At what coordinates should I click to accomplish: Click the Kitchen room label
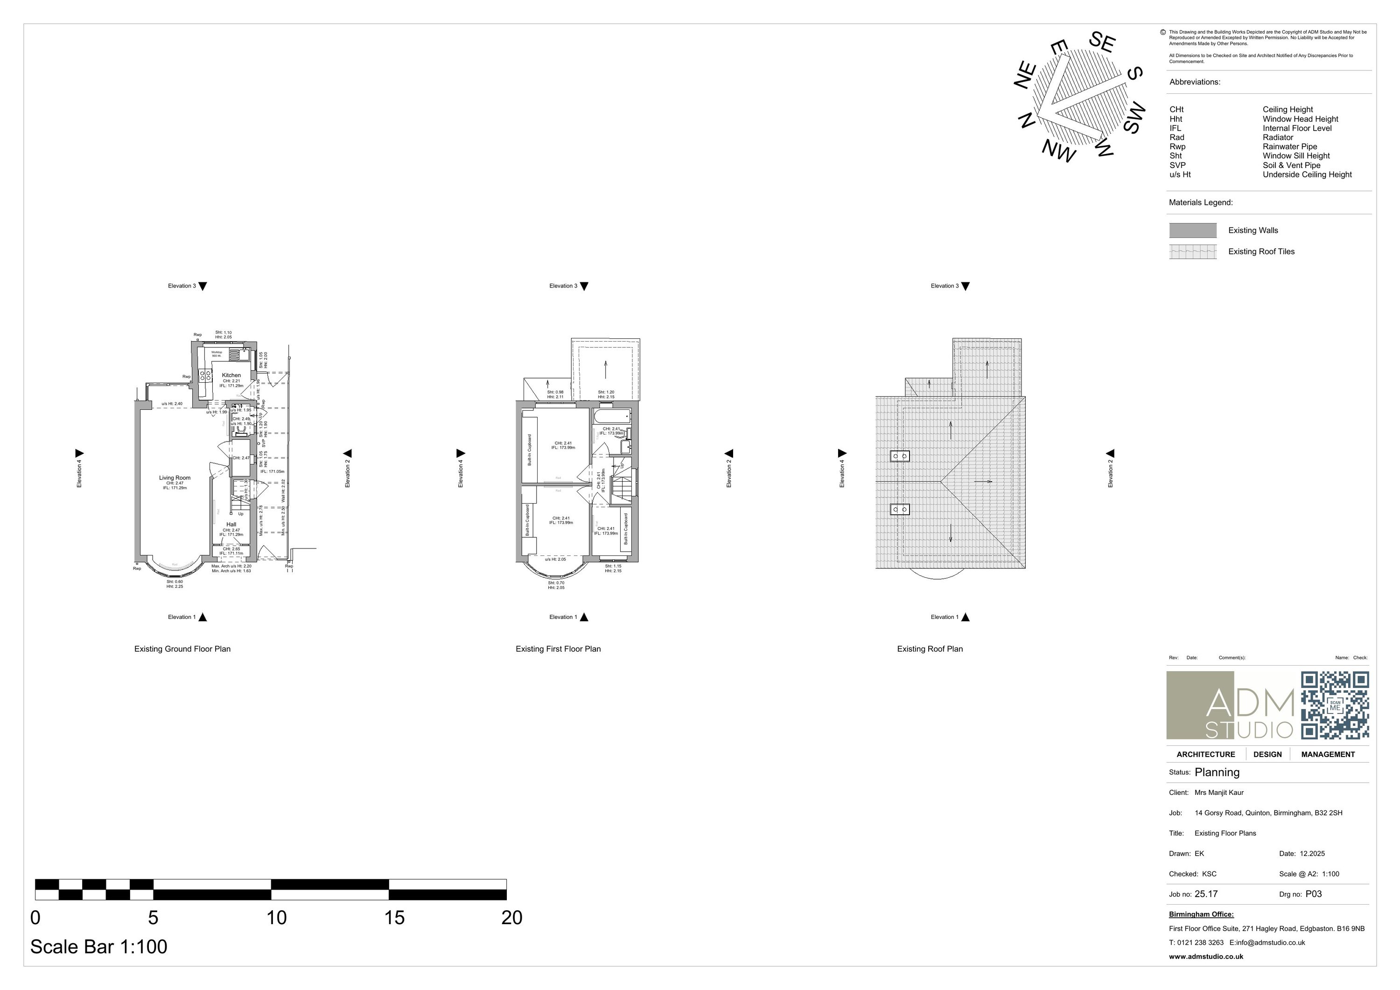(x=231, y=375)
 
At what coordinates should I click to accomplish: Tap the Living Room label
(x=175, y=477)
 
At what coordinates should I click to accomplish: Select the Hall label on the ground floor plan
(x=231, y=525)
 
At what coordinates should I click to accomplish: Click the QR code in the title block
(x=1334, y=705)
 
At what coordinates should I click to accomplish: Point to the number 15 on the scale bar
(x=394, y=917)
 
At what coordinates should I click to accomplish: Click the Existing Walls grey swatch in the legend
(x=1192, y=230)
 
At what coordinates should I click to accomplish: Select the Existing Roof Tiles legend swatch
(x=1192, y=251)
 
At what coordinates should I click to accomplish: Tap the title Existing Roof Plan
(x=929, y=649)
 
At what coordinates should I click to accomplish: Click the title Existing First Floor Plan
(x=558, y=649)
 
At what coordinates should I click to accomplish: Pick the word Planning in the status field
(x=1217, y=772)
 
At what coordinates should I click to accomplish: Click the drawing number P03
(x=1313, y=894)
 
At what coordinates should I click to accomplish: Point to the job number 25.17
(x=1205, y=894)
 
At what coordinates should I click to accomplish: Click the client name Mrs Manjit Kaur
(x=1218, y=793)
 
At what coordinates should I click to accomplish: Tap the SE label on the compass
(x=1102, y=42)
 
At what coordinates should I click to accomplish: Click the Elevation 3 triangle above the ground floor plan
(x=203, y=286)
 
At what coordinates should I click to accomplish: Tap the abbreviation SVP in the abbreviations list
(x=1177, y=165)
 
